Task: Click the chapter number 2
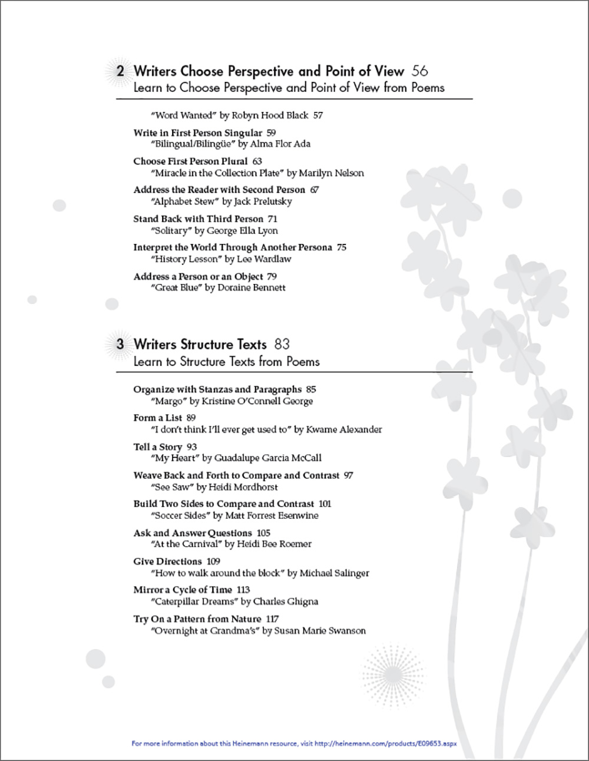[x=120, y=72]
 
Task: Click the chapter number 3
[x=120, y=345]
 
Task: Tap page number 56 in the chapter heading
[x=419, y=71]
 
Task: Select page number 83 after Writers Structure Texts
[x=282, y=345]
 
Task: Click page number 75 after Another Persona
[x=342, y=247]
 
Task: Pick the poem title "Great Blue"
[x=177, y=288]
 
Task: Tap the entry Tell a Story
[x=158, y=447]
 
